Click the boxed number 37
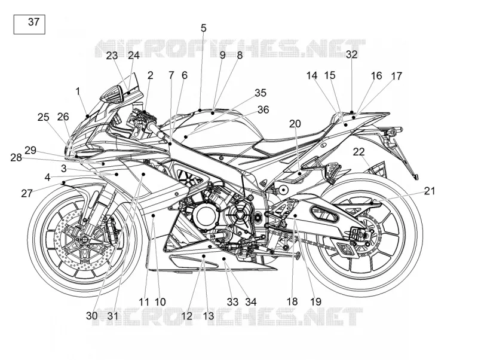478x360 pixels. [x=34, y=22]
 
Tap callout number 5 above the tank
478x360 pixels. [x=203, y=28]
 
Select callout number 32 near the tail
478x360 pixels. [x=351, y=54]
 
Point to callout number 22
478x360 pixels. [x=359, y=152]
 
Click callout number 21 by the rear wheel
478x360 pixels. [x=430, y=191]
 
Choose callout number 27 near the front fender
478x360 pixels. [x=27, y=193]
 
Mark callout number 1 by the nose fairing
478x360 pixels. [x=78, y=91]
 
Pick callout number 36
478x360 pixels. [x=263, y=109]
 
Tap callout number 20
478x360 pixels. [x=295, y=124]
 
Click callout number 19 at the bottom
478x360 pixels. [x=316, y=301]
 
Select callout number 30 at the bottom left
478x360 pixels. [x=91, y=316]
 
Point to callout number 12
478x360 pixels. [x=186, y=316]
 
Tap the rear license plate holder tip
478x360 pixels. [x=416, y=176]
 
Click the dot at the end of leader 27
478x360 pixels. [x=63, y=182]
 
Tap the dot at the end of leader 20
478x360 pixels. [x=300, y=173]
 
